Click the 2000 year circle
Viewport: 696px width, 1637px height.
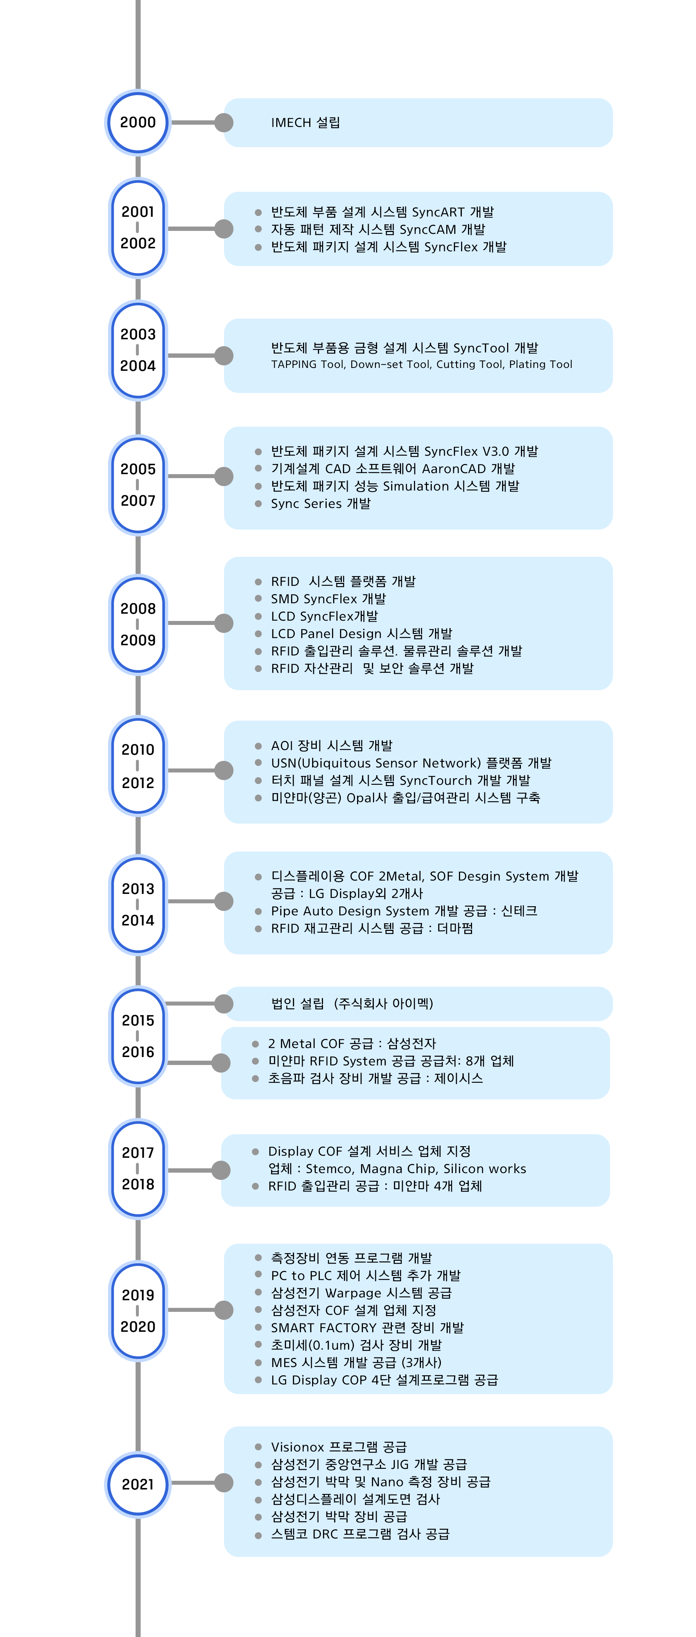pyautogui.click(x=138, y=123)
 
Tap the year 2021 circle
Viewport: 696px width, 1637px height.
pyautogui.click(x=138, y=1484)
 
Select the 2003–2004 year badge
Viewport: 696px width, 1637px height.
pyautogui.click(x=138, y=350)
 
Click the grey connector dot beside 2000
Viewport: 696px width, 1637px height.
pyautogui.click(x=224, y=123)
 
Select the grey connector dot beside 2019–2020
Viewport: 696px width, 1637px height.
pyautogui.click(x=224, y=1310)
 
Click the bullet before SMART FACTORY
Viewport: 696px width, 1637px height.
pyautogui.click(x=258, y=1327)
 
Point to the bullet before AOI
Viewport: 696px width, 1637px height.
pyautogui.click(x=258, y=746)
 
